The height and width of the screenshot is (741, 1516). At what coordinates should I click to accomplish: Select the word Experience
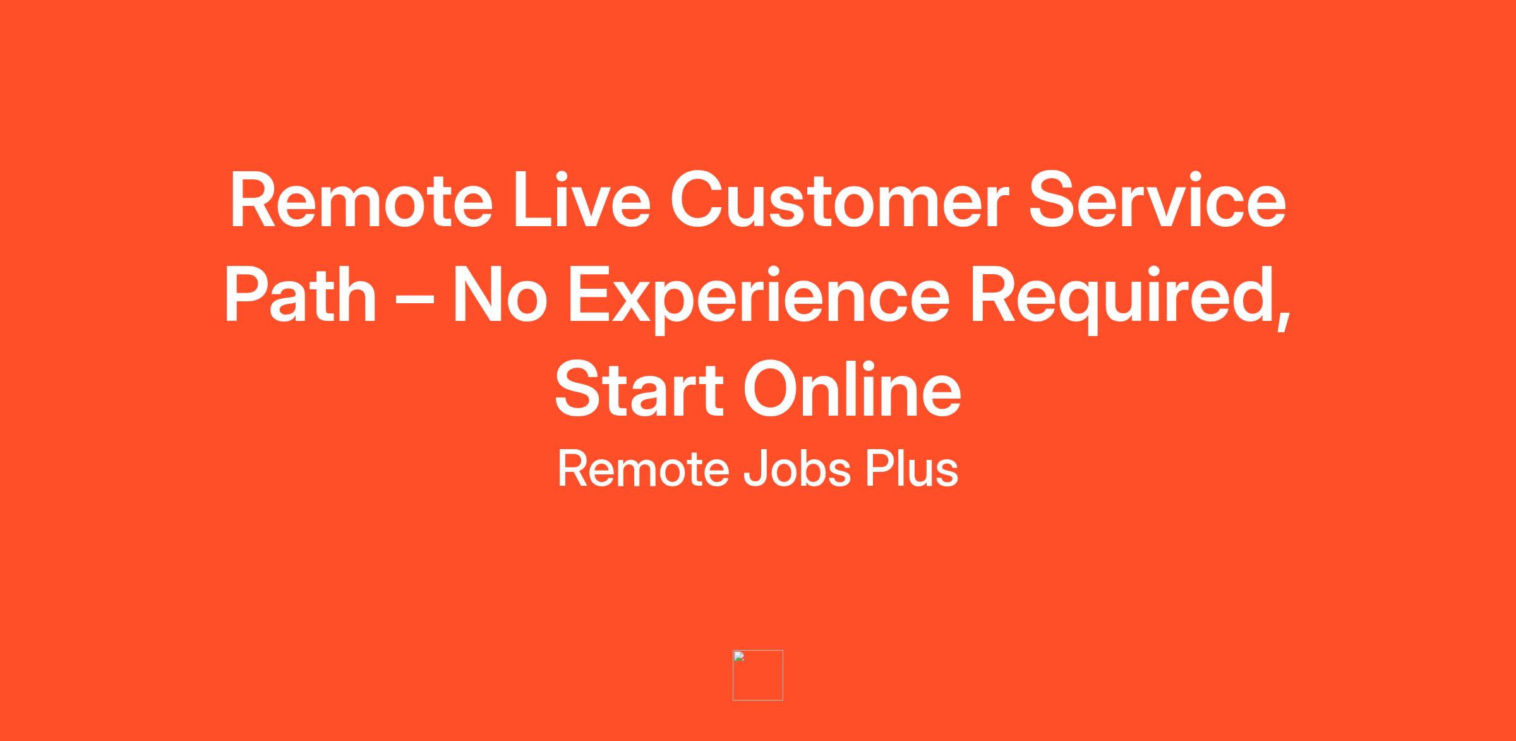759,298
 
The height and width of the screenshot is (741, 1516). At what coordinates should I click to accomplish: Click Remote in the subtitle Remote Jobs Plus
644,469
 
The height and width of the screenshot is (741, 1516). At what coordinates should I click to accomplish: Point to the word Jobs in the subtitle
797,469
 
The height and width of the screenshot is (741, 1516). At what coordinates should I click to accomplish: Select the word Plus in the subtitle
911,469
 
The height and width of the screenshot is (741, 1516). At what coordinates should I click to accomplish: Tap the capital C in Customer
697,200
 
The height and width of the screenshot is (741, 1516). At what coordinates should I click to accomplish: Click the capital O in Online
771,390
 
